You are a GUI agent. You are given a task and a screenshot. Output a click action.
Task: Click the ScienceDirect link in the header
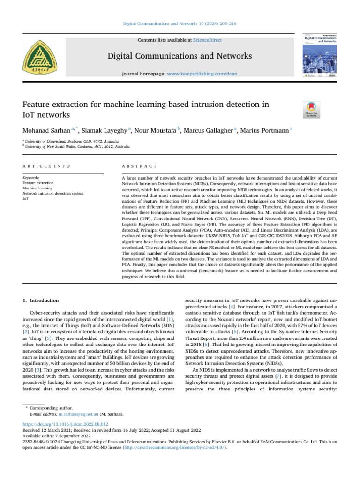(209, 41)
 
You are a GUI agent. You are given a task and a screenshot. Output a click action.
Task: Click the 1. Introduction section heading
(42, 300)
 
